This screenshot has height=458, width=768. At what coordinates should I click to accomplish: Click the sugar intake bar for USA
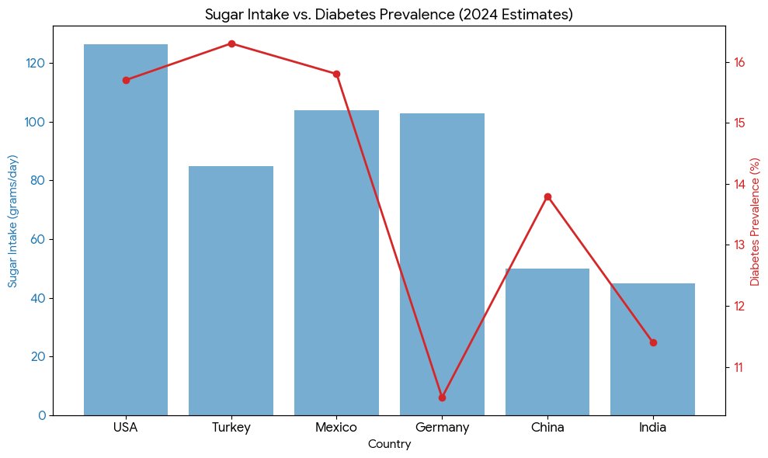[x=126, y=233]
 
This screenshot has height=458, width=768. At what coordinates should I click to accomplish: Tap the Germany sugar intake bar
[x=442, y=264]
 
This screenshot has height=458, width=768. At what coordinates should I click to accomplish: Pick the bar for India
[x=652, y=349]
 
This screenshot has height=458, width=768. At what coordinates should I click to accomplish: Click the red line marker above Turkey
[x=231, y=43]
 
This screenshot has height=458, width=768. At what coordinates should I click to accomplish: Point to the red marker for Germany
[x=442, y=397]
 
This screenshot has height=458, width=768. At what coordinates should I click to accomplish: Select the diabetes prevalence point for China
[x=547, y=196]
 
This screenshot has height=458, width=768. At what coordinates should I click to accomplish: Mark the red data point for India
[x=653, y=342]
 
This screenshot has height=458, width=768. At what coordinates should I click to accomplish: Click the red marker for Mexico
[x=336, y=74]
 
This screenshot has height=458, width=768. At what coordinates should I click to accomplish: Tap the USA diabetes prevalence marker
[x=126, y=80]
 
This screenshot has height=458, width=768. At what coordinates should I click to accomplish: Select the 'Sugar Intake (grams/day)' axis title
[x=13, y=220]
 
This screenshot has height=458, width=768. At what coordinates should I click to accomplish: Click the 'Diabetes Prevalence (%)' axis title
[x=754, y=220]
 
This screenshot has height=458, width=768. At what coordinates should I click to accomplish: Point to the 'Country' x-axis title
[x=389, y=445]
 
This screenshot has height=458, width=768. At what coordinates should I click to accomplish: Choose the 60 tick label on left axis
[x=36, y=239]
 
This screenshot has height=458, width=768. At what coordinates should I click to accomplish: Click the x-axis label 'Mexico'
[x=336, y=427]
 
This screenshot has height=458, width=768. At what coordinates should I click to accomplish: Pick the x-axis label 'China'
[x=547, y=427]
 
